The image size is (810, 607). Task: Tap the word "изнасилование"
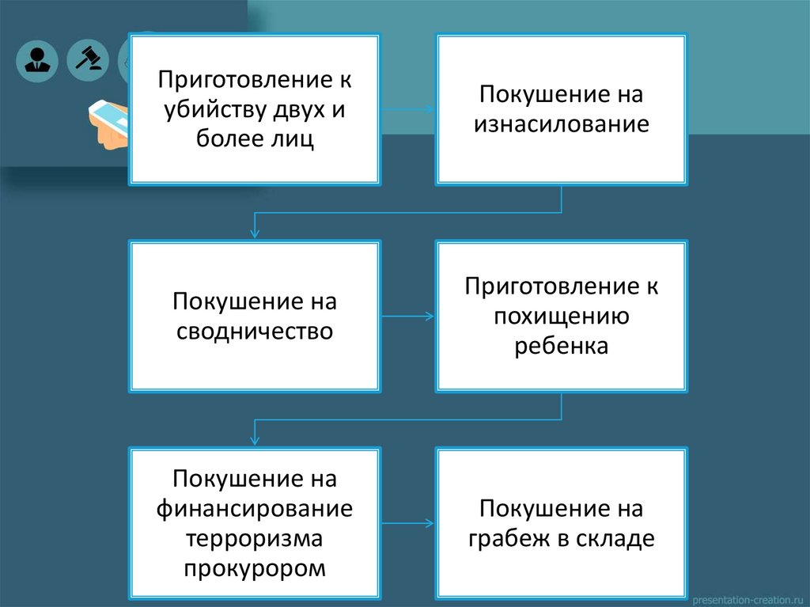pyautogui.click(x=562, y=124)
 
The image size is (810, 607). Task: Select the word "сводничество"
pyautogui.click(x=254, y=331)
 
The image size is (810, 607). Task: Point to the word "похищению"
pyautogui.click(x=562, y=316)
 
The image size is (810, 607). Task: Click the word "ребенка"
pyautogui.click(x=562, y=346)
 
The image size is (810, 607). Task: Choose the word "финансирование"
pyautogui.click(x=254, y=508)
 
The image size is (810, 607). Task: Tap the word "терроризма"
pyautogui.click(x=254, y=538)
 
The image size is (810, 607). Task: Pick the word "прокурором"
pyautogui.click(x=254, y=568)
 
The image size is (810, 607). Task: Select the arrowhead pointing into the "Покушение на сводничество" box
pyautogui.click(x=254, y=233)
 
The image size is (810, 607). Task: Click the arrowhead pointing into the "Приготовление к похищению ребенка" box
pyautogui.click(x=430, y=317)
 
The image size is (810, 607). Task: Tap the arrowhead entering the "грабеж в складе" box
pyautogui.click(x=430, y=523)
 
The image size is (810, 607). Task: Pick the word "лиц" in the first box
pyautogui.click(x=298, y=140)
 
